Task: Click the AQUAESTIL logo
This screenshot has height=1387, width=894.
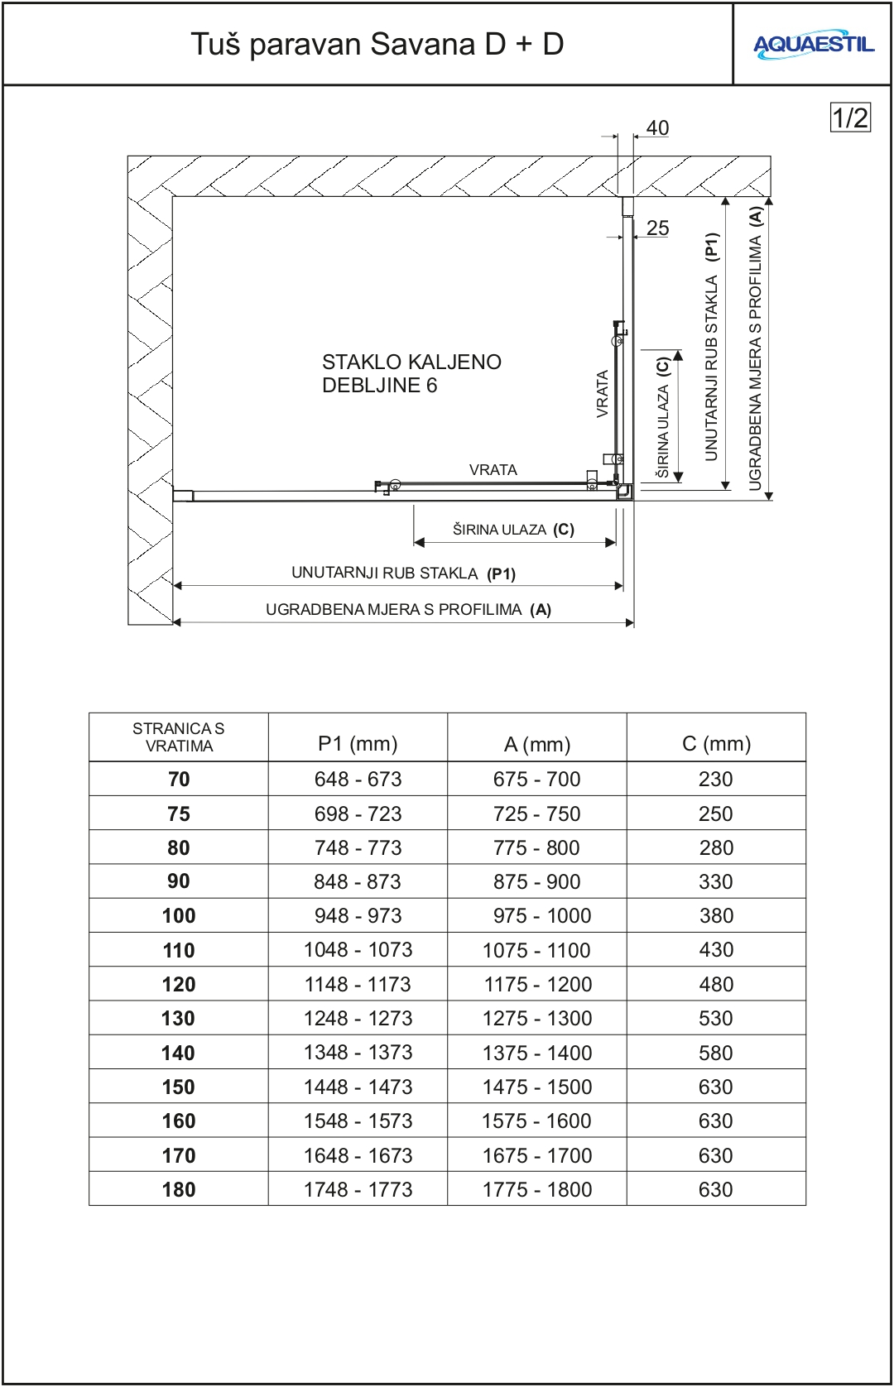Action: [x=813, y=45]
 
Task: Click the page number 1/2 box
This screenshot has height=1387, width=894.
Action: [x=850, y=118]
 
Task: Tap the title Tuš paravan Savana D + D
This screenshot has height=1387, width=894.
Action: [x=377, y=44]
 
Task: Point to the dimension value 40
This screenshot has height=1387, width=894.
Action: [x=657, y=128]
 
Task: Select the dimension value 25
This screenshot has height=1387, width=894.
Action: [x=657, y=228]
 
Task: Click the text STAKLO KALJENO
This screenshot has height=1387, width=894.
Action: [x=411, y=362]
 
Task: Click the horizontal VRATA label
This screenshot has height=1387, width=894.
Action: [x=493, y=470]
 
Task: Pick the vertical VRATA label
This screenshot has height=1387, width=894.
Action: [x=603, y=393]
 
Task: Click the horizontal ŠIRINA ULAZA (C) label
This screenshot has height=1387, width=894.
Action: [x=513, y=530]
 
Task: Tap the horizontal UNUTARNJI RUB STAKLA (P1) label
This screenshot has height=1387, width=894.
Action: [x=403, y=574]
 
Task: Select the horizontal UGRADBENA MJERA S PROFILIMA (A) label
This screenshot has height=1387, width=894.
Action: [x=408, y=610]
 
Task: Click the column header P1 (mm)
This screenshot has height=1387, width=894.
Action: [x=358, y=743]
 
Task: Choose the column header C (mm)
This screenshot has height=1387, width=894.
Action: [x=716, y=743]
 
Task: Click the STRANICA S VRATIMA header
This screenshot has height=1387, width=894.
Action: [x=179, y=737]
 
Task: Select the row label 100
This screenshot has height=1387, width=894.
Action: [x=179, y=916]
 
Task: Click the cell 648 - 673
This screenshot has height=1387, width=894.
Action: [x=358, y=780]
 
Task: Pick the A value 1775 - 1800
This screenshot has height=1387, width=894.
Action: [x=537, y=1189]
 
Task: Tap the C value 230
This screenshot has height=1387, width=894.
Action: [x=716, y=780]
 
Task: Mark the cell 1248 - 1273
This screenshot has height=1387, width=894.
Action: [x=358, y=1019]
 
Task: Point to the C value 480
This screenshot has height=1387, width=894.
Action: [x=716, y=985]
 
